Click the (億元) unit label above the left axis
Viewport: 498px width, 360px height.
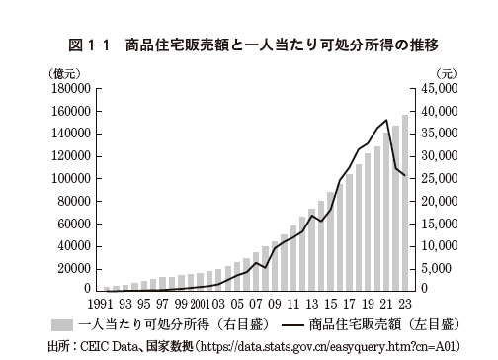tap(66, 73)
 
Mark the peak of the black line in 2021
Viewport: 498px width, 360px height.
tap(385, 120)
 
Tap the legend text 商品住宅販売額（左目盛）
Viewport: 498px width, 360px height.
tap(384, 323)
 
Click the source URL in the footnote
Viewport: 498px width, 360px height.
tap(330, 345)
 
